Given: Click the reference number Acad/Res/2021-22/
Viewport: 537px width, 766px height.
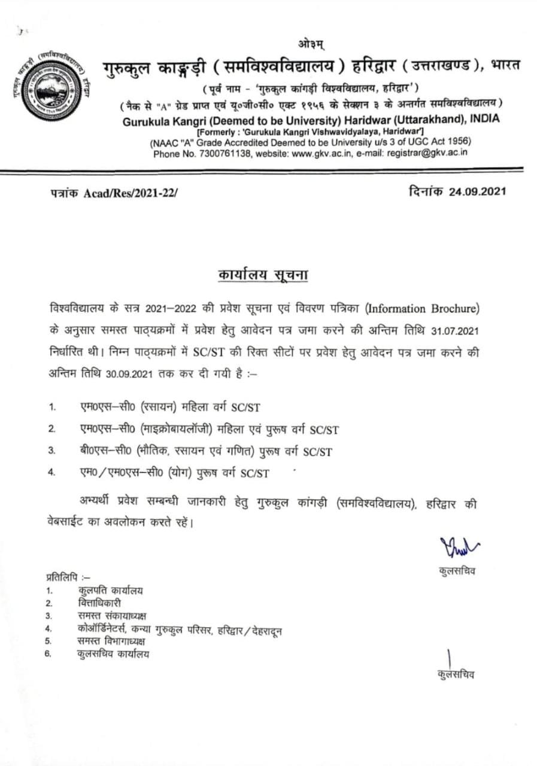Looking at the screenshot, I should [x=131, y=193].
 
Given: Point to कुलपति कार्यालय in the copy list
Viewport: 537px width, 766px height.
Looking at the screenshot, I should [x=110, y=591].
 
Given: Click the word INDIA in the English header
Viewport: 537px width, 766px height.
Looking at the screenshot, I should [x=485, y=118].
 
